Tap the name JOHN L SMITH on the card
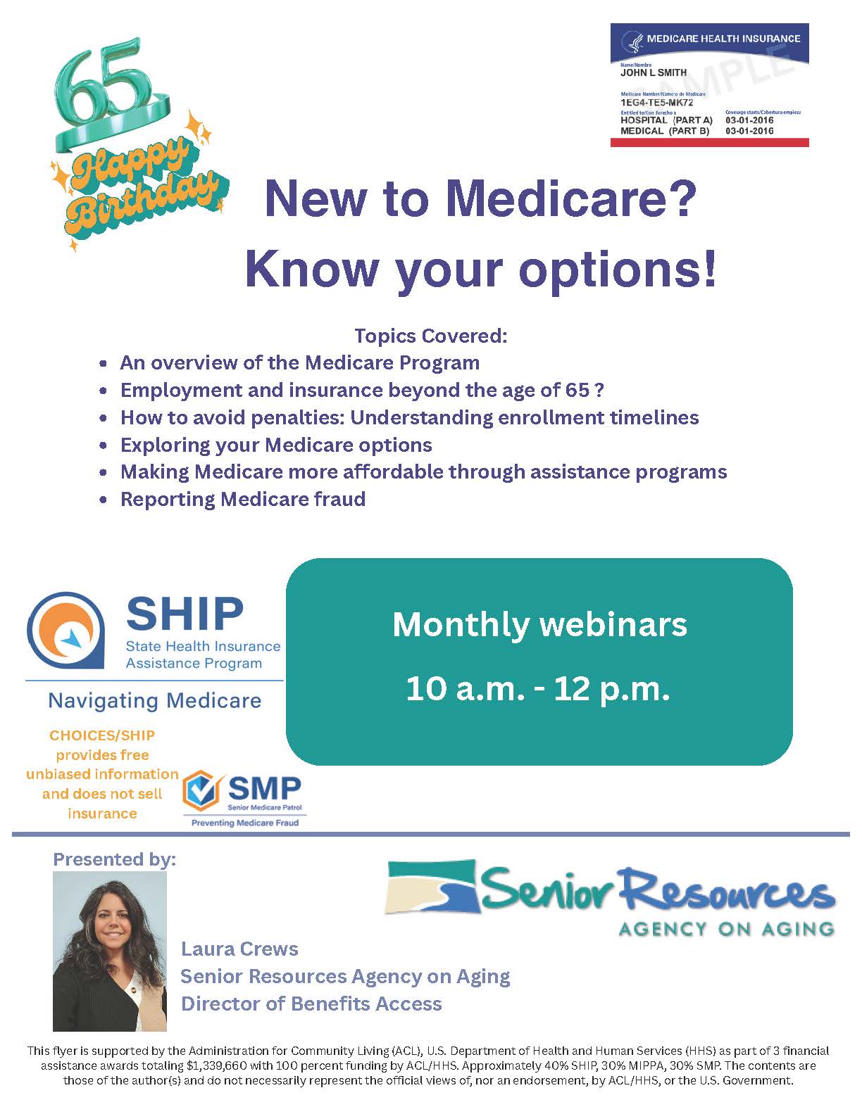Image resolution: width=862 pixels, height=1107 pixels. [x=653, y=73]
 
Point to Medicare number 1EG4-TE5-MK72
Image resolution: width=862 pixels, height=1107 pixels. [x=656, y=103]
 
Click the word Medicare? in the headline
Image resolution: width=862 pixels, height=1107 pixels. [x=571, y=199]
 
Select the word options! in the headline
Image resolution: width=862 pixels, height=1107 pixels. [x=618, y=270]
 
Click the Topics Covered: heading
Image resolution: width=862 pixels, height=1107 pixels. [x=431, y=336]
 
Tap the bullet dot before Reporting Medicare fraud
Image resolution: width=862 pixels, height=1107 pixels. [x=104, y=500]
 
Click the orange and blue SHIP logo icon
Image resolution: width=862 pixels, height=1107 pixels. [x=65, y=630]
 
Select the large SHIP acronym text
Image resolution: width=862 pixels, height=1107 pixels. [x=185, y=614]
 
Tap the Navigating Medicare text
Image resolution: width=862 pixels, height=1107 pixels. [x=154, y=701]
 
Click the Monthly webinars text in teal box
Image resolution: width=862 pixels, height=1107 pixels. [x=539, y=626]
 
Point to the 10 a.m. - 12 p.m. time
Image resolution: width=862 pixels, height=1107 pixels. [x=538, y=689]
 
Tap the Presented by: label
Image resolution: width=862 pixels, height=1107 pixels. [x=115, y=859]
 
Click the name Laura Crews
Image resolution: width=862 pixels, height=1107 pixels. [x=239, y=949]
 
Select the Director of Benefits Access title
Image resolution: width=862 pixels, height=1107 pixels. [x=311, y=1004]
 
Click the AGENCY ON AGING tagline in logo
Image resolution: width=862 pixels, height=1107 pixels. [x=726, y=929]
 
